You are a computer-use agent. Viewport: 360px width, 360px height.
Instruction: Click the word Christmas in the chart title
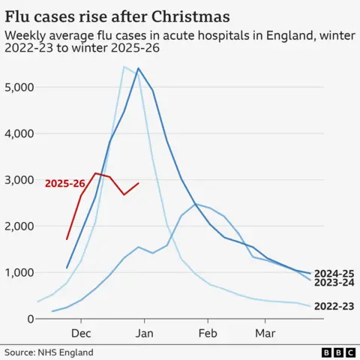point(180,15)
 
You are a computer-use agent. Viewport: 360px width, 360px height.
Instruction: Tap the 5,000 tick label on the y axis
point(17,87)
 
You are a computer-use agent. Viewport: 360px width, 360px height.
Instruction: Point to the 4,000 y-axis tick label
point(17,133)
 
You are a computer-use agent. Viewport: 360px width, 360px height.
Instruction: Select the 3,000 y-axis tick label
point(17,180)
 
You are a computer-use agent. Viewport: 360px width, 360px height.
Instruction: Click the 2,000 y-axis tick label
point(17,226)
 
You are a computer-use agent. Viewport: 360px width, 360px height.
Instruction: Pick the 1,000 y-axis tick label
point(17,273)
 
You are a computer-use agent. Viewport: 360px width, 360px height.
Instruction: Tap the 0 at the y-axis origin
point(30,319)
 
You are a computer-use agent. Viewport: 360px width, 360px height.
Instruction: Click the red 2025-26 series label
point(64,183)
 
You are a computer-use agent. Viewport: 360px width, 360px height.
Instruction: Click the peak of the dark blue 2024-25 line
point(139,68)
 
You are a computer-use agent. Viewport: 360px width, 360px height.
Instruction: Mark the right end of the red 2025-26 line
point(139,183)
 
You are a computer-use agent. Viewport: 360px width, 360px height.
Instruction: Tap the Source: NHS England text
point(49,352)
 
